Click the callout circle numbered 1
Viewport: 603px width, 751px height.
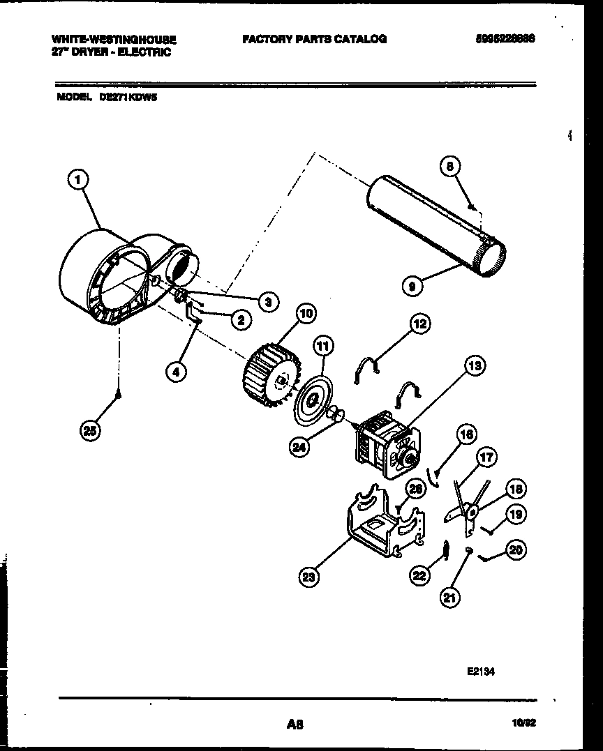(x=79, y=181)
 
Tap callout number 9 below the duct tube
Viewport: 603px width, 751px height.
(x=412, y=285)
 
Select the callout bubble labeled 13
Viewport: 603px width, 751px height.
(x=475, y=365)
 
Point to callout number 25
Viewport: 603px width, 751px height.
(x=90, y=430)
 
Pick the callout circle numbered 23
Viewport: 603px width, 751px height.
(x=308, y=576)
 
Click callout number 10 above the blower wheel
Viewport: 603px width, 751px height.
(x=306, y=313)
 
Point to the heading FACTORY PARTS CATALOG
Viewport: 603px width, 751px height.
(x=314, y=40)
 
